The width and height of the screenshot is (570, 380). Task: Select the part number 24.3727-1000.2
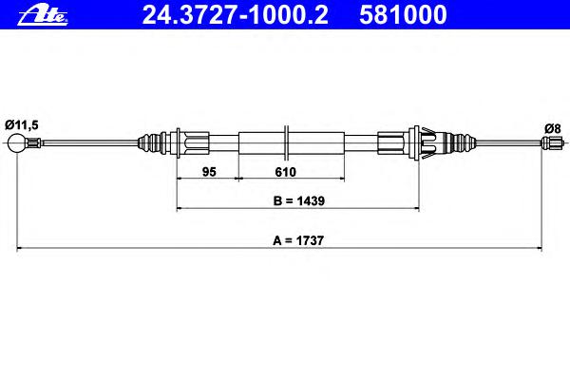[236, 15]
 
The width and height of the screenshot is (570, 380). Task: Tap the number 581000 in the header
[403, 15]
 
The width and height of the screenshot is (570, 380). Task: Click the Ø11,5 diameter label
[22, 125]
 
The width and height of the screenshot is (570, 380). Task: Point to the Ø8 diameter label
[553, 128]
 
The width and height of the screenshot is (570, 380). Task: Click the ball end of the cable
[17, 143]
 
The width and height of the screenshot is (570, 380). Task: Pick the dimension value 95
[209, 172]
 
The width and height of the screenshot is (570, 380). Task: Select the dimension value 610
[285, 172]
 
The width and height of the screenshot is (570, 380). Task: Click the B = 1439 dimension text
[299, 200]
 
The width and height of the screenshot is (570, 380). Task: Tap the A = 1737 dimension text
[298, 240]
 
